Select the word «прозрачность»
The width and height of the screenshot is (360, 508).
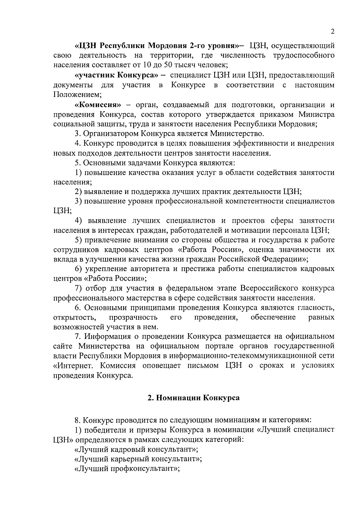(133, 317)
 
